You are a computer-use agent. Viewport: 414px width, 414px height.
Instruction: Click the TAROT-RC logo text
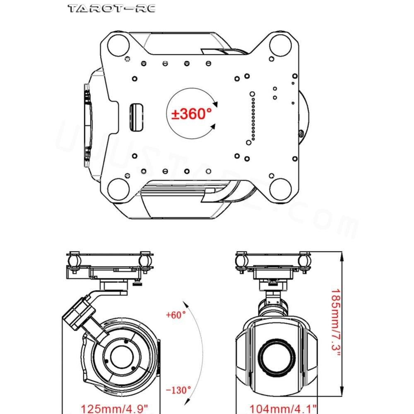(x=111, y=8)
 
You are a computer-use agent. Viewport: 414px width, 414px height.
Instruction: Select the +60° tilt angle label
(x=176, y=315)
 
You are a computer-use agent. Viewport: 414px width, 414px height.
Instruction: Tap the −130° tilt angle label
(x=178, y=390)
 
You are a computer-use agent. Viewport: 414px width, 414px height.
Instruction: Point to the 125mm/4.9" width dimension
(x=113, y=409)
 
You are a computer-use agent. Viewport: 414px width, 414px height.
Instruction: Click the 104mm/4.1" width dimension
(x=283, y=409)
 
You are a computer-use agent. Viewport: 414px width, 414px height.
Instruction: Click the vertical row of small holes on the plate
(x=252, y=116)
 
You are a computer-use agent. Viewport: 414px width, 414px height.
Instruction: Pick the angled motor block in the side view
(x=79, y=314)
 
